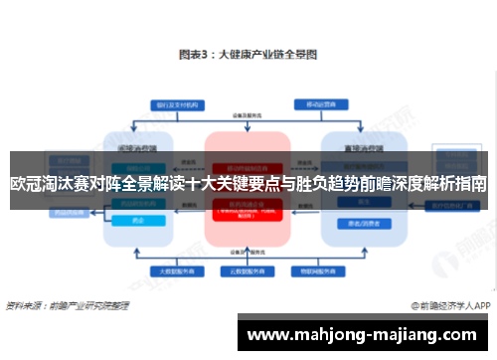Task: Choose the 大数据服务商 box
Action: [x=172, y=270]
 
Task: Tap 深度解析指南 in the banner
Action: [x=437, y=184]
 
